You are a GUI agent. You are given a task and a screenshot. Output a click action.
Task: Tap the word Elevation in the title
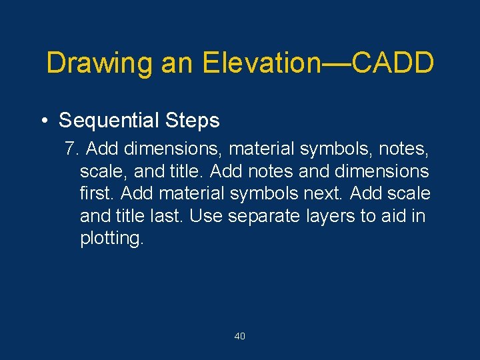[x=262, y=63]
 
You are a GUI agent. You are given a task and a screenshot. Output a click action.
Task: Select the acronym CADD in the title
[x=393, y=63]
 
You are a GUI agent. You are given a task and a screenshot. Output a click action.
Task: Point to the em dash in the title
[x=337, y=64]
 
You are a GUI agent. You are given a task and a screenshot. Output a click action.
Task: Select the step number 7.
[x=70, y=148]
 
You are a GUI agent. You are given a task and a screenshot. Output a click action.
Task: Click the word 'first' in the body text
[x=95, y=193]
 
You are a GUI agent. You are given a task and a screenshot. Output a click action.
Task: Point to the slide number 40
[x=240, y=336]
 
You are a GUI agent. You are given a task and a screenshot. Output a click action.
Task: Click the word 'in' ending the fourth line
[x=418, y=216]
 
